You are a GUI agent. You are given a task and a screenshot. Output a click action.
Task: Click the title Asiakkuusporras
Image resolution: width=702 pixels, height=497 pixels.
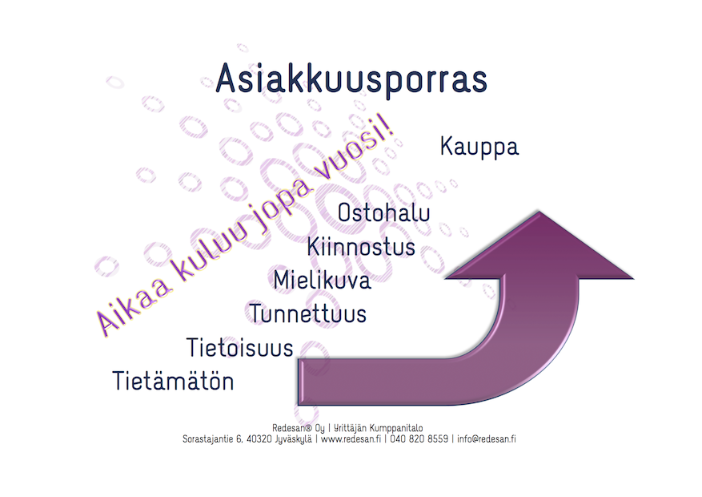click(x=351, y=80)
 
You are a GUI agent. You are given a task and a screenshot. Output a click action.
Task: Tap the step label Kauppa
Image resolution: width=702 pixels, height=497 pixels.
click(x=479, y=147)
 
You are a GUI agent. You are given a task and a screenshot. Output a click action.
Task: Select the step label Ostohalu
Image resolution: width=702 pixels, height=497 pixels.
click(x=383, y=212)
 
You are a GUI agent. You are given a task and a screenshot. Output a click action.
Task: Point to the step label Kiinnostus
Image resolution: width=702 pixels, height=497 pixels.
click(x=361, y=247)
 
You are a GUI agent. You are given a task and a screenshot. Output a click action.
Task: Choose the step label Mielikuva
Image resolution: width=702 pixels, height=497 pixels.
click(x=323, y=280)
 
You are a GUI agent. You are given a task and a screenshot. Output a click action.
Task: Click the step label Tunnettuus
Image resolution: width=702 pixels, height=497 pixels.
click(x=308, y=313)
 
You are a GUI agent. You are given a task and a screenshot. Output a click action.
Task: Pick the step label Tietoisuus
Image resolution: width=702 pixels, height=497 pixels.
click(x=239, y=348)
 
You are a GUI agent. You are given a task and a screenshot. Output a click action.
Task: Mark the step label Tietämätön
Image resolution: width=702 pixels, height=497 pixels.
click(x=173, y=381)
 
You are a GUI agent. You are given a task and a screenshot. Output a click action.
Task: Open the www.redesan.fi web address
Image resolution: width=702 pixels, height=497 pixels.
click(x=351, y=439)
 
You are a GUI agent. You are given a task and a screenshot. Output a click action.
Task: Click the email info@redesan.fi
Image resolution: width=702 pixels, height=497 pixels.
click(x=486, y=439)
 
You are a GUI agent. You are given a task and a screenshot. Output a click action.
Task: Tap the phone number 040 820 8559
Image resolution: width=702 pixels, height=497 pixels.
click(x=419, y=439)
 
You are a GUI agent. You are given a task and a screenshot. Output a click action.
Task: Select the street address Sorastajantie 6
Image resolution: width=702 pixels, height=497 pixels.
click(x=213, y=439)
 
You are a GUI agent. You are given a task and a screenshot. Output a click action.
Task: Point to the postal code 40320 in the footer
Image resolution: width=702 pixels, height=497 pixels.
click(x=259, y=439)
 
